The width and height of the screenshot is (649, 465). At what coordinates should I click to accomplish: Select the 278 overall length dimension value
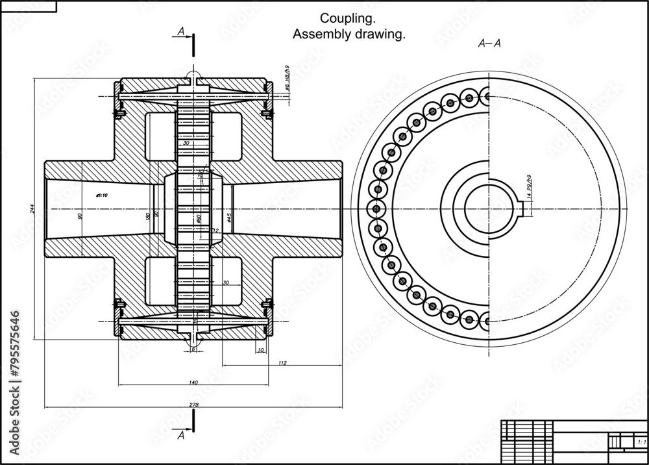193,405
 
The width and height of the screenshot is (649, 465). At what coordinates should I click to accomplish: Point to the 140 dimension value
193,383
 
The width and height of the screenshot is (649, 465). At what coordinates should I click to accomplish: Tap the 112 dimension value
282,363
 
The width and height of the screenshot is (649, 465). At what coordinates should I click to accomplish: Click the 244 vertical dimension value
31,208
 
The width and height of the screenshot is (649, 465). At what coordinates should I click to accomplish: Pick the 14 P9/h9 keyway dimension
529,188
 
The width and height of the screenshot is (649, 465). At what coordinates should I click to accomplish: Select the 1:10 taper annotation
101,194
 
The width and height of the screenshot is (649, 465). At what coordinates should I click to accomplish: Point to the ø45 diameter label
229,217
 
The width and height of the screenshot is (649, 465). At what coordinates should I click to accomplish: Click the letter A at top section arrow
180,31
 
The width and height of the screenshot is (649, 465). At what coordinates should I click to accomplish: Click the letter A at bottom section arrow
181,436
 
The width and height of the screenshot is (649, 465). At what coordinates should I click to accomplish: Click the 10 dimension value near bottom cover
260,350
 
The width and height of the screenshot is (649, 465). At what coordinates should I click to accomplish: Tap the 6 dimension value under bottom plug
193,349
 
